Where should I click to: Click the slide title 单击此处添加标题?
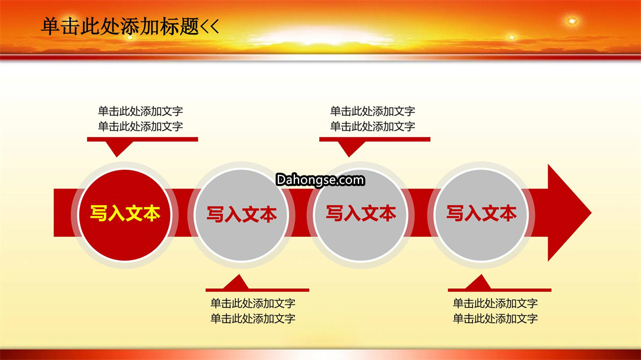(120, 27)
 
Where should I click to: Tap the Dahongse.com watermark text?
(320, 180)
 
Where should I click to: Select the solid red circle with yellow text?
(125, 215)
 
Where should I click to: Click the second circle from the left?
(241, 215)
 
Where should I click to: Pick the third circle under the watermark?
(361, 215)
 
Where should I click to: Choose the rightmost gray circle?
(481, 215)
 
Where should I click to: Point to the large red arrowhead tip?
(591, 212)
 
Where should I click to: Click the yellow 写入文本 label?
(125, 214)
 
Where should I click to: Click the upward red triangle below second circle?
(236, 282)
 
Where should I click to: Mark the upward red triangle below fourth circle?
(479, 282)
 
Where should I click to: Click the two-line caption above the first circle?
(140, 119)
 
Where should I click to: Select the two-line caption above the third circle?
(372, 119)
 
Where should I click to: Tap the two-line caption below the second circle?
(253, 311)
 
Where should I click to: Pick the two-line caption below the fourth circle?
(495, 311)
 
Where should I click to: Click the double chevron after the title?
(210, 27)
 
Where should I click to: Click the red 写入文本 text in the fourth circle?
(481, 214)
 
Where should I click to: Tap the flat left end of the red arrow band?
(55, 212)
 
